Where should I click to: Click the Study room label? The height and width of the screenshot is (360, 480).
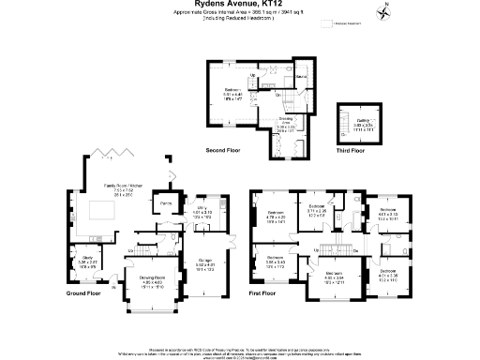pos(85,259)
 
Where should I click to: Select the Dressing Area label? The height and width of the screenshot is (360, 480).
pos(286,122)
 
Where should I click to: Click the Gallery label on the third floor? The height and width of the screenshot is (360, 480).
pos(362,121)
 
